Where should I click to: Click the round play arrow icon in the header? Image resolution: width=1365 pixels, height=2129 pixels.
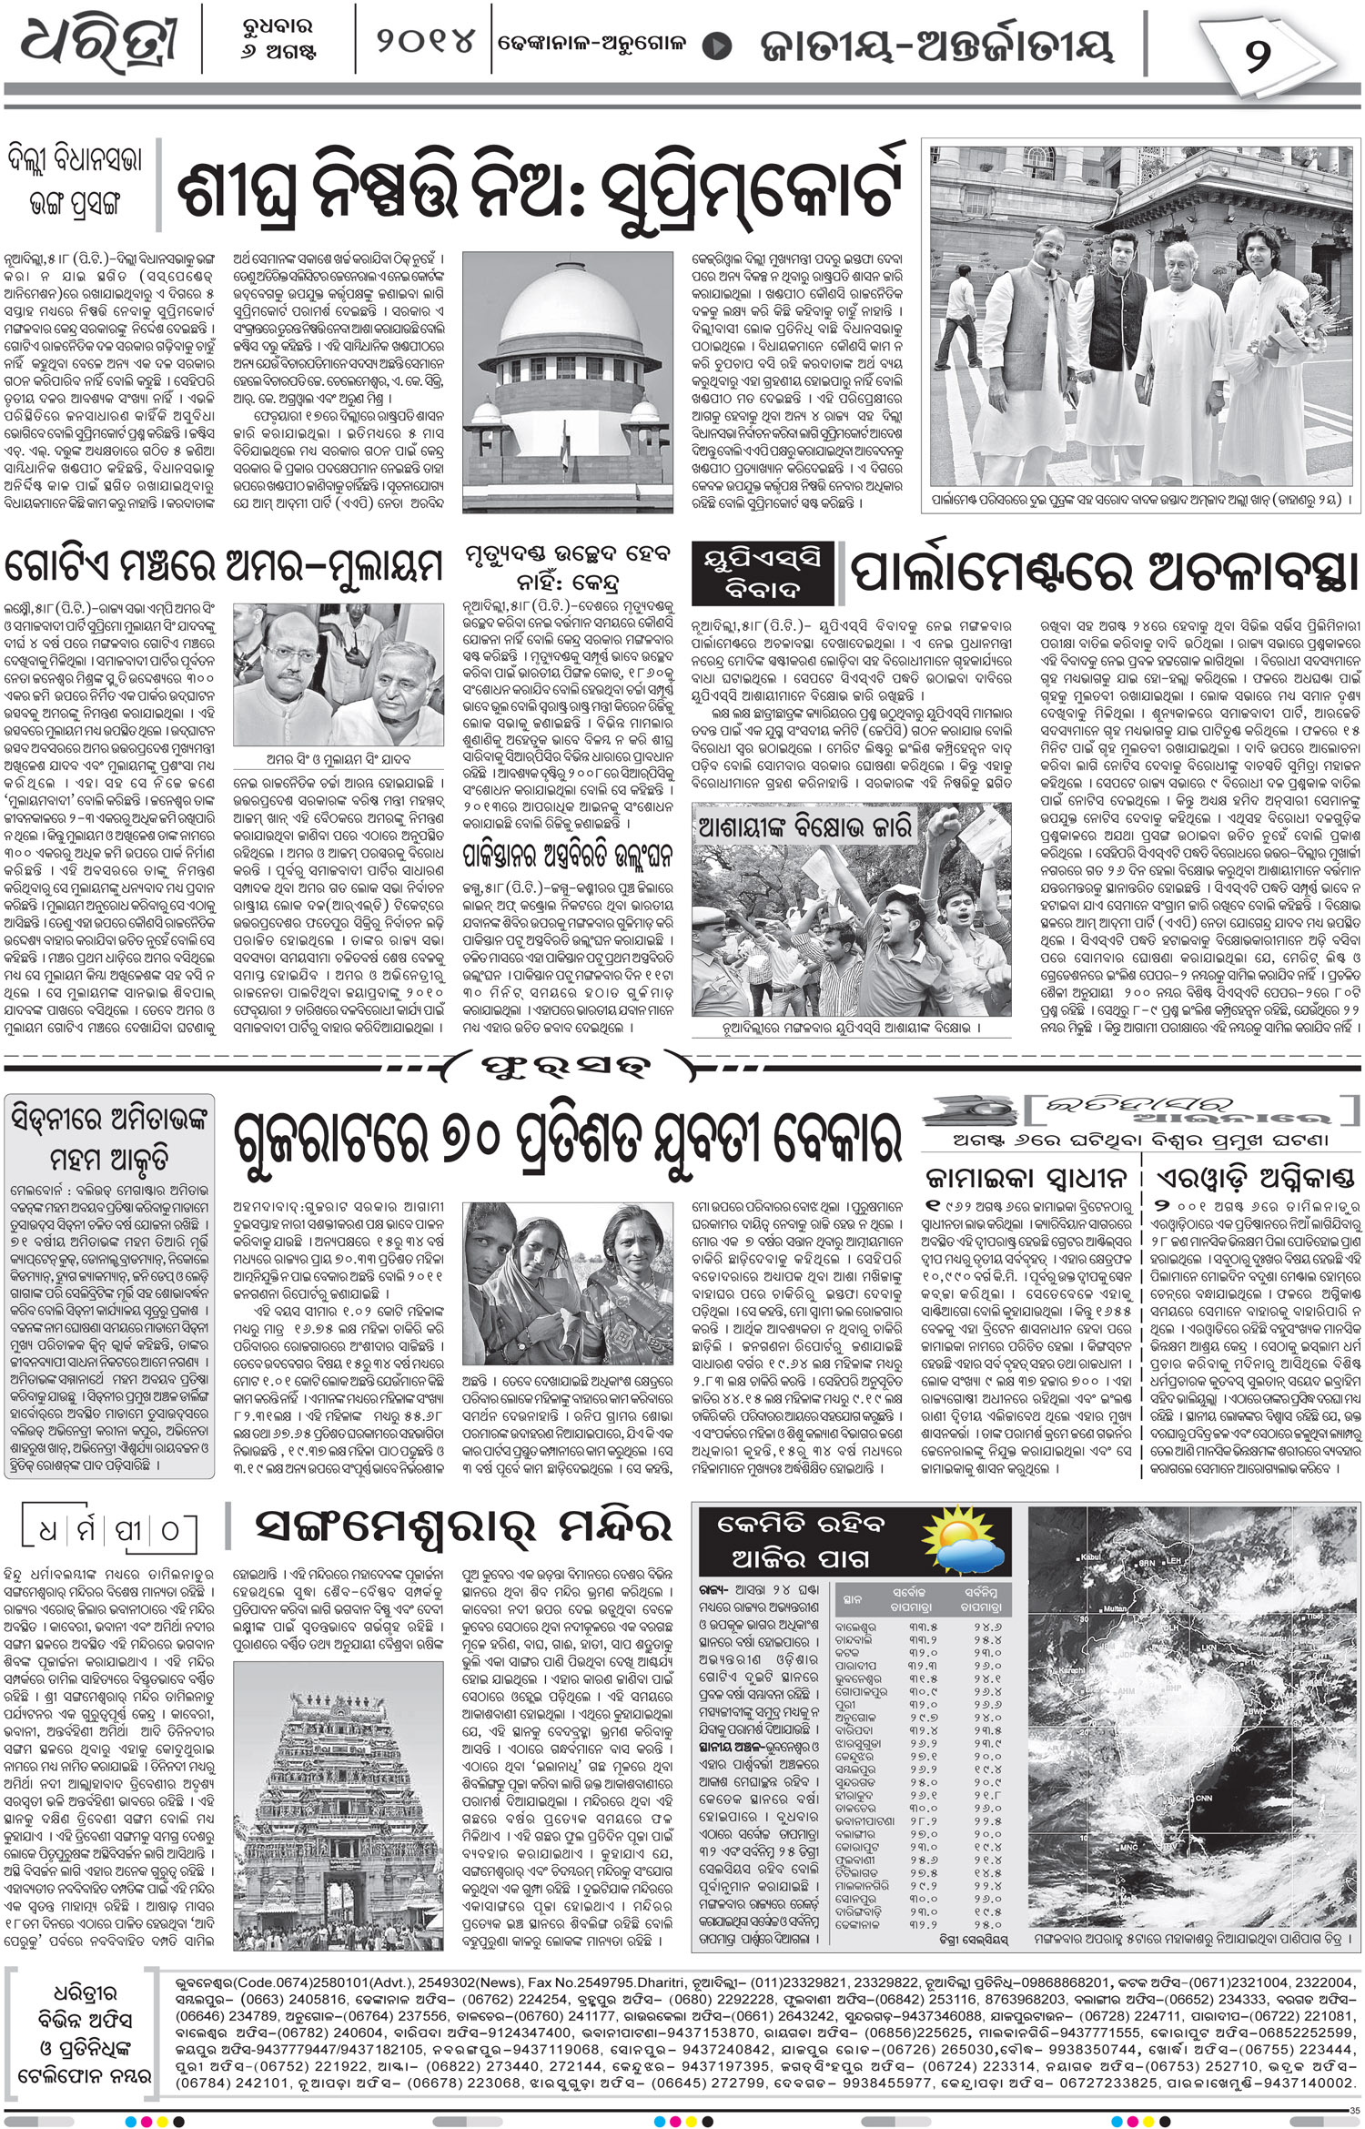click(720, 44)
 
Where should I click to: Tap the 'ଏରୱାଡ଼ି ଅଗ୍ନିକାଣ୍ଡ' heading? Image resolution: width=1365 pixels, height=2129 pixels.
click(1253, 1176)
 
